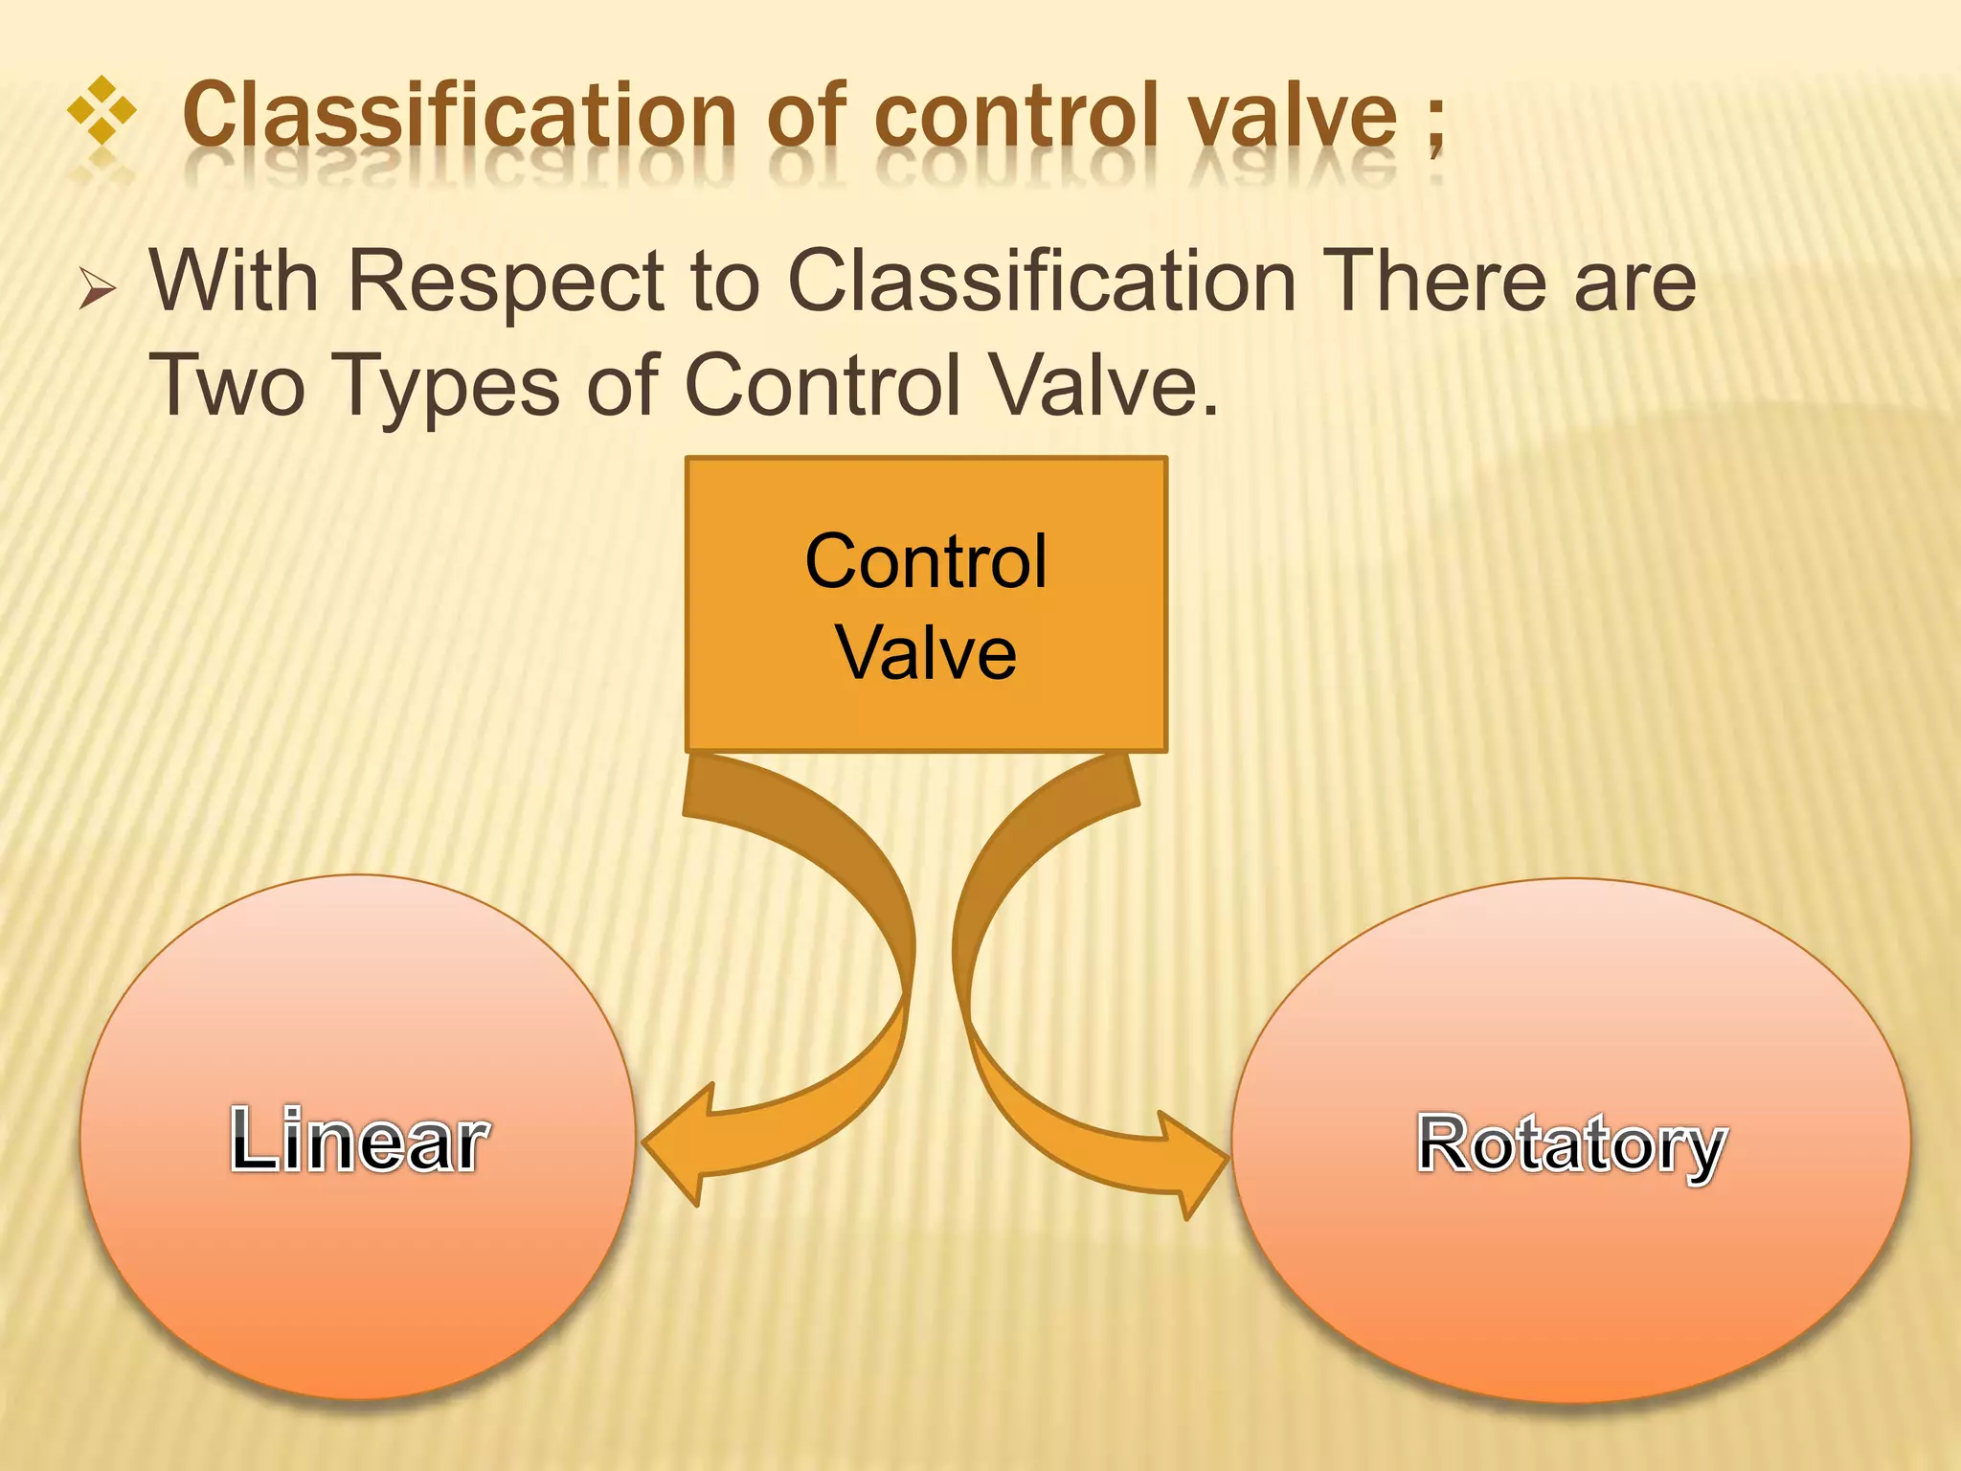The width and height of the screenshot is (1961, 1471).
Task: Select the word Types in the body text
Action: tap(449, 387)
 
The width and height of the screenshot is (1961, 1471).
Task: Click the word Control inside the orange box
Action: tap(926, 561)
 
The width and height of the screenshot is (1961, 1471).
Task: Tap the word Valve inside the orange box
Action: tap(926, 653)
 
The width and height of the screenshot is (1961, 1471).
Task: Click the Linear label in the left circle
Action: tap(359, 1140)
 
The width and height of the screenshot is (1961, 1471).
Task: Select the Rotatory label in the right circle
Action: tap(1571, 1143)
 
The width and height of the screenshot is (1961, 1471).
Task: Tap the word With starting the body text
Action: tap(234, 282)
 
